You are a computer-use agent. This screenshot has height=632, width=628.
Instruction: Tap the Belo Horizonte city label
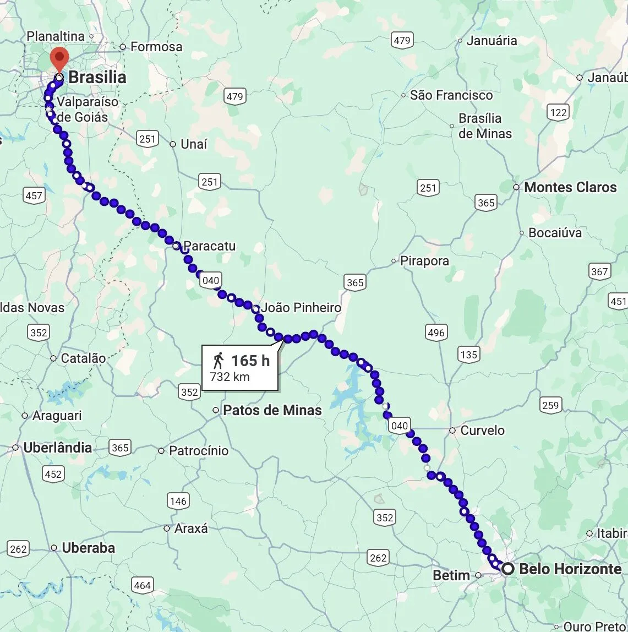570,569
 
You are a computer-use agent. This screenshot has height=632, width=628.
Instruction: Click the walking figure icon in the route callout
219,361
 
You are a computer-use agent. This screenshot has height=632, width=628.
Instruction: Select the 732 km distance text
230,377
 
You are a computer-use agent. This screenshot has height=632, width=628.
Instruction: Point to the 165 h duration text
250,361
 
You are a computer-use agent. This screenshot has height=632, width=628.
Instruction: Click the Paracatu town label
209,246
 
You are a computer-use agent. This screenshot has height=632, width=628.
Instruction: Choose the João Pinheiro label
301,308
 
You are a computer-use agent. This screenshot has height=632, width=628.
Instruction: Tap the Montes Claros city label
570,187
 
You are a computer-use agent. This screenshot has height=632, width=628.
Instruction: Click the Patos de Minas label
272,410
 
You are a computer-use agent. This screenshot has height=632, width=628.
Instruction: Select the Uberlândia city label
57,448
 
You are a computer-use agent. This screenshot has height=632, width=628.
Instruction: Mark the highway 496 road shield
435,333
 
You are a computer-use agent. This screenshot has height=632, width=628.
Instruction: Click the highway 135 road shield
468,355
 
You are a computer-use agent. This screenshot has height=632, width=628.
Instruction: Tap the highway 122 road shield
558,113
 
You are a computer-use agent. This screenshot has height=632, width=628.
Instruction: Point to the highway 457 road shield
34,195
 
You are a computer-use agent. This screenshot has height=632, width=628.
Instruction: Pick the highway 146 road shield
178,501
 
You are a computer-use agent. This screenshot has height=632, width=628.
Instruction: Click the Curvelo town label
482,430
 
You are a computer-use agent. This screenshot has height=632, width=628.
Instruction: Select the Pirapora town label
424,261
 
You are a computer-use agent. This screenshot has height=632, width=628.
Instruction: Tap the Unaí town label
194,144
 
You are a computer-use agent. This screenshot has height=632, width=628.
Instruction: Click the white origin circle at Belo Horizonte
508,569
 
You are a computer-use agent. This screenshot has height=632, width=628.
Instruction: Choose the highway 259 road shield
550,406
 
